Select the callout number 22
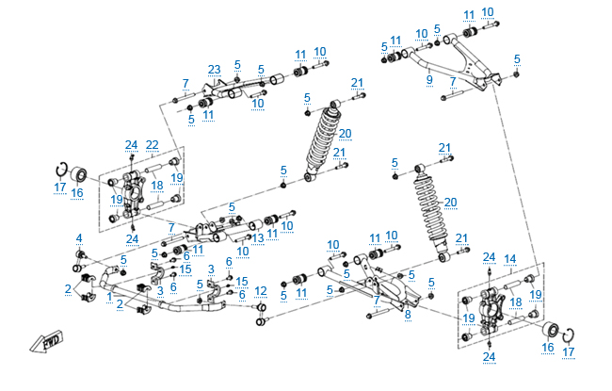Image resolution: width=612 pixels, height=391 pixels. click(152, 144)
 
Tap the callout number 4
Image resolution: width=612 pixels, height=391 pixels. click(79, 237)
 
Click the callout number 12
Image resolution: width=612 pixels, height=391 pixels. click(261, 290)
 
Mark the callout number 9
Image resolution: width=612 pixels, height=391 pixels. click(429, 81)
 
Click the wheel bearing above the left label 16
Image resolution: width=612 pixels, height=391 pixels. click(78, 176)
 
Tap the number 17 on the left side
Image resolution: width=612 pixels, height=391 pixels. click(59, 187)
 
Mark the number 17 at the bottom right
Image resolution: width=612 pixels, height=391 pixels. click(568, 352)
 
